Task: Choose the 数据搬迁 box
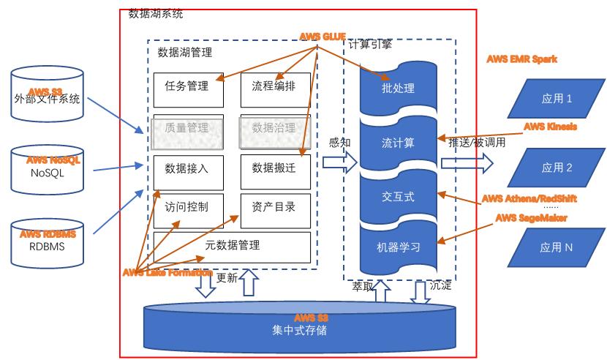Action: tap(274, 168)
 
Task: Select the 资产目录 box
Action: tap(274, 208)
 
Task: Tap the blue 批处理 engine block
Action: tap(399, 89)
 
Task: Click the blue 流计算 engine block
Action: tap(399, 143)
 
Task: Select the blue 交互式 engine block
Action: tap(399, 195)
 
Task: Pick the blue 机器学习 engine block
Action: tap(399, 247)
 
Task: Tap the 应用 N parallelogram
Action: tap(557, 247)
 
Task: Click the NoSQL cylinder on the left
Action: tap(48, 168)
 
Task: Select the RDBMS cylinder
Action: tap(48, 241)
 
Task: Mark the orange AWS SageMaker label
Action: tap(531, 217)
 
